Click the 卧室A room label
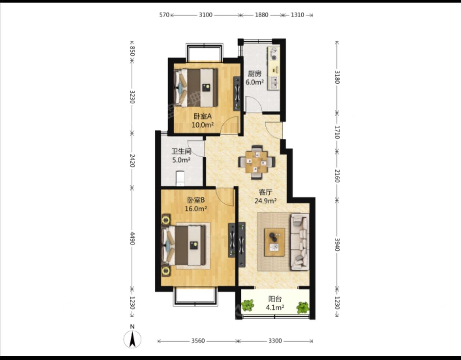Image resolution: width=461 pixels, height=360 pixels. [x=203, y=116]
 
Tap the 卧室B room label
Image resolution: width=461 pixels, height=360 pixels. [x=196, y=200]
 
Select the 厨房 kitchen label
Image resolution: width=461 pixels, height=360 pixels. [x=255, y=74]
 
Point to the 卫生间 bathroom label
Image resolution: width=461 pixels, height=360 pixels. [x=181, y=152]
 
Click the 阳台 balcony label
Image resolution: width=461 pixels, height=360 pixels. [x=275, y=299]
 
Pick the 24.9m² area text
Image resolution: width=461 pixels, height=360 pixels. [x=265, y=201]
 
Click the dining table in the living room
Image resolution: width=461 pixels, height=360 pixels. [x=257, y=162]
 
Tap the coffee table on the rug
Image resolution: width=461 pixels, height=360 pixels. [x=274, y=242]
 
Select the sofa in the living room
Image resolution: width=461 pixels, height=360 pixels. [x=300, y=242]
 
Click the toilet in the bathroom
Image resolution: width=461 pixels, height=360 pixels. [x=180, y=178]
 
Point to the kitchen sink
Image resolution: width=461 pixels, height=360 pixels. [x=274, y=83]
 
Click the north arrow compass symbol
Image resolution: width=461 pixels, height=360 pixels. [x=132, y=339]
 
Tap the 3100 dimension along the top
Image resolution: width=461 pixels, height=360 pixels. [x=206, y=15]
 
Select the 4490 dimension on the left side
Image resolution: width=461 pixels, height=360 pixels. [x=132, y=238]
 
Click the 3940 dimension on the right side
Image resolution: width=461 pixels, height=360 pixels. [x=337, y=245]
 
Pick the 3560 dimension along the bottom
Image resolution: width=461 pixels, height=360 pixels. [x=198, y=341]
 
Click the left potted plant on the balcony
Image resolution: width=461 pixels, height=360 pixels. [x=248, y=305]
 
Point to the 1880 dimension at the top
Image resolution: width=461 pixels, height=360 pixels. [x=262, y=15]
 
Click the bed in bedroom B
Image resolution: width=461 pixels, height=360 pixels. [x=184, y=246]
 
